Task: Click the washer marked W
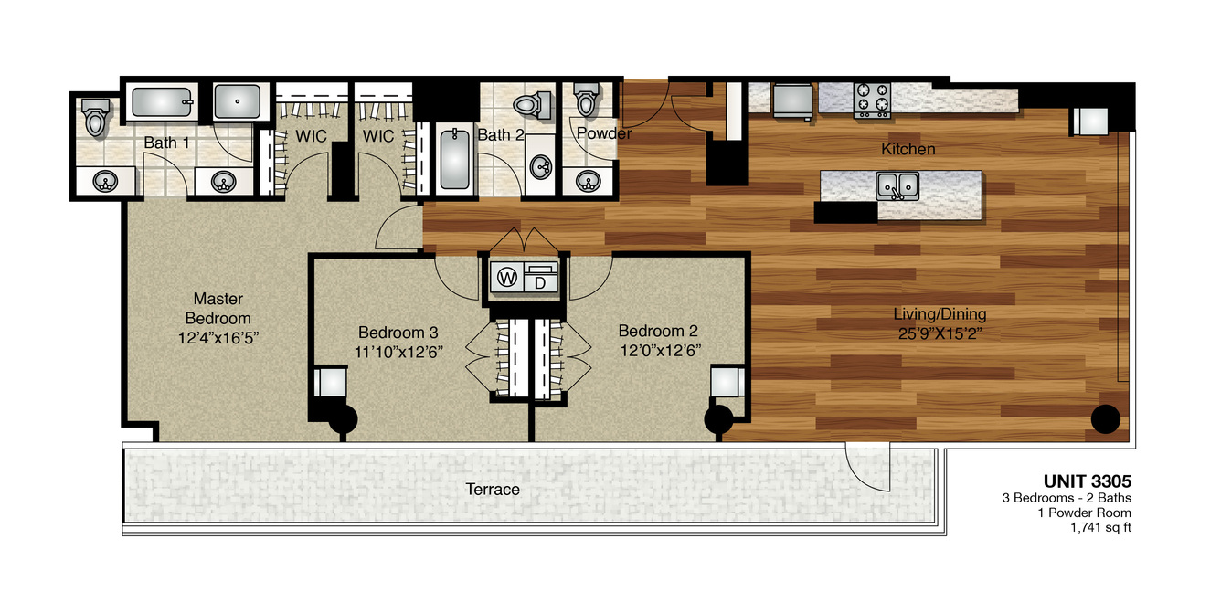507,278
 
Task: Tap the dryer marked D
541,278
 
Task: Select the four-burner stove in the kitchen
872,100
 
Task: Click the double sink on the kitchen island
897,186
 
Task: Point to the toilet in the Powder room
587,100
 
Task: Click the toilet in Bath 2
533,105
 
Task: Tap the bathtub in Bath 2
454,159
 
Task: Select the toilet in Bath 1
95,117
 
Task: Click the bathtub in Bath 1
162,102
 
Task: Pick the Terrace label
493,490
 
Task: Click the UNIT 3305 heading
1087,481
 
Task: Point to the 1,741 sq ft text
1100,527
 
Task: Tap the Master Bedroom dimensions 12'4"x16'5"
218,338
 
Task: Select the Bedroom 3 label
398,333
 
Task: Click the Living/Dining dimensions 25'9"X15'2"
940,333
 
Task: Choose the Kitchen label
908,149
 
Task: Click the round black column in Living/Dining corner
1106,419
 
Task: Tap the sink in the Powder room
589,181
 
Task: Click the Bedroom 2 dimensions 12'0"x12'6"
660,351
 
